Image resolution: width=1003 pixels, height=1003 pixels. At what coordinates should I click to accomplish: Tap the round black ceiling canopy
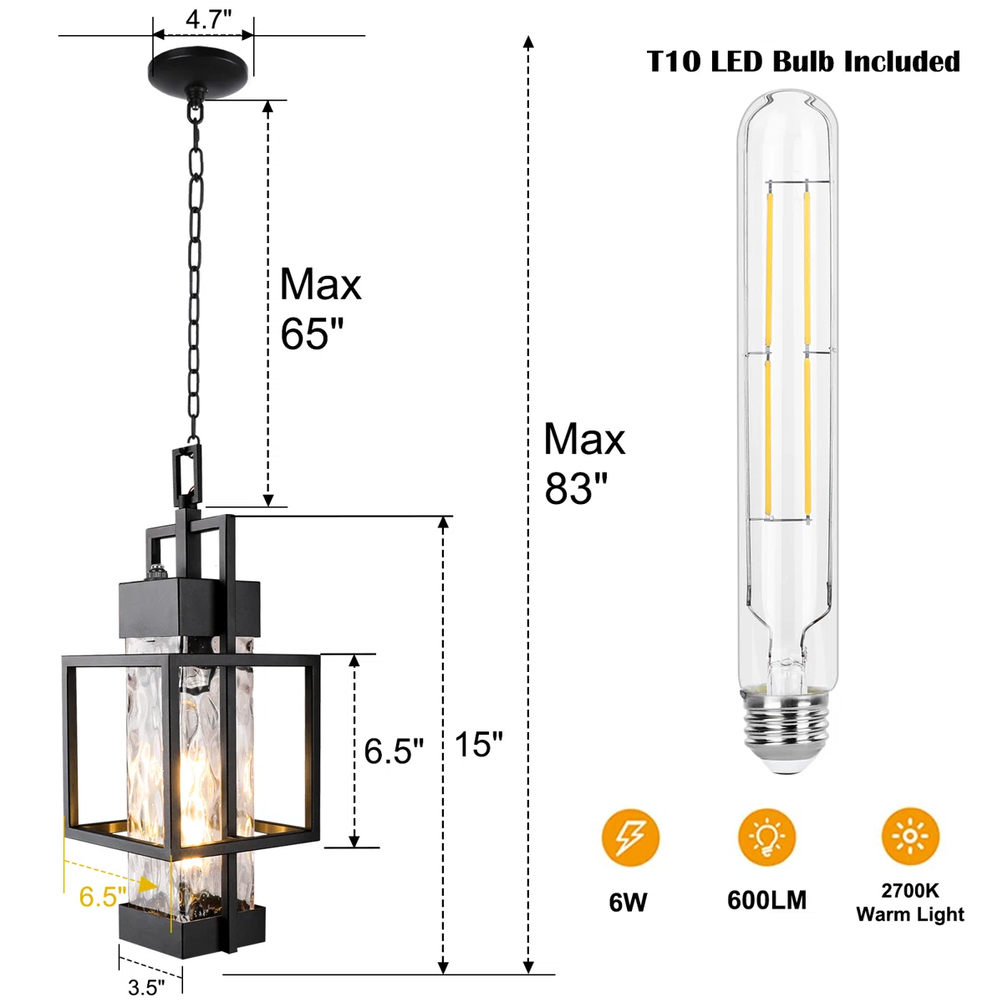tap(201, 70)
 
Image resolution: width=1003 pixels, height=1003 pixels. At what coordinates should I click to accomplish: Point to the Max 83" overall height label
tap(583, 463)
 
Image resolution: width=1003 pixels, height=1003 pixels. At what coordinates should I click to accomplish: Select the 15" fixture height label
tap(478, 744)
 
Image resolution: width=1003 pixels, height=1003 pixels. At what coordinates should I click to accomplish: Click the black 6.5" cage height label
tap(393, 751)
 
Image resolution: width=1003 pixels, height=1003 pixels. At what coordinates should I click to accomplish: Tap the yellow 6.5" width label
tap(102, 897)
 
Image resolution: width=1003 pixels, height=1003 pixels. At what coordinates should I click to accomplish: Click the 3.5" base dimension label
tap(145, 986)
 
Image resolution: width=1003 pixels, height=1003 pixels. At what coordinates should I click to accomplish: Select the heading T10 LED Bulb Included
tap(803, 62)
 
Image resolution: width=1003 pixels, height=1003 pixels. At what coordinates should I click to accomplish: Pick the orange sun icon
tap(909, 837)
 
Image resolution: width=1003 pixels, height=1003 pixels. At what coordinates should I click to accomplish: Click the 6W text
tap(628, 902)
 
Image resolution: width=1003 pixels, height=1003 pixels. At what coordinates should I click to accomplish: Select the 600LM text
tap(766, 900)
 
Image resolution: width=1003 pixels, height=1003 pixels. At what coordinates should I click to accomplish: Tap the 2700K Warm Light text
tap(909, 903)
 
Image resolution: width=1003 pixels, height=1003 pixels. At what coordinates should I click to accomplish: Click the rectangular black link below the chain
tap(187, 474)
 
